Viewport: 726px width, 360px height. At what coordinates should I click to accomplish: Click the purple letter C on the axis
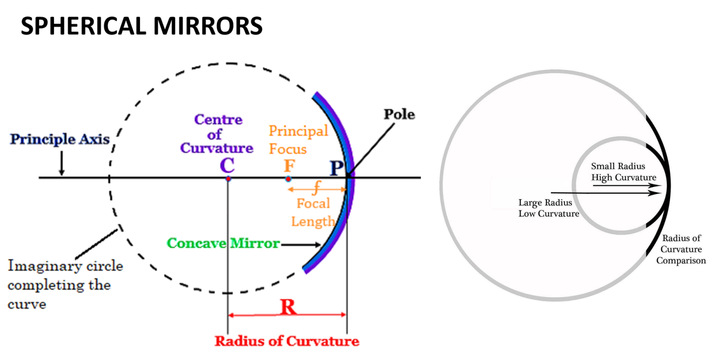(x=227, y=166)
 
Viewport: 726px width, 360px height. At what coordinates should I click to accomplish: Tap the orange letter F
(x=288, y=166)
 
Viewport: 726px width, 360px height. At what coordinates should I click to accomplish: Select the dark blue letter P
(x=336, y=168)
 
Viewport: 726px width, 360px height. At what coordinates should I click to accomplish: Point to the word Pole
(x=399, y=115)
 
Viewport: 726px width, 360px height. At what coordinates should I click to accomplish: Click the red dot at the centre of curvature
(x=228, y=179)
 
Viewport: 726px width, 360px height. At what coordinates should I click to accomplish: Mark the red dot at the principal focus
(x=288, y=179)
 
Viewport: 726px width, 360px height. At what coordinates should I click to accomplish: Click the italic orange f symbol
(x=316, y=189)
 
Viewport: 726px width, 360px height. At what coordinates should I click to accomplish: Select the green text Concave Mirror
(x=223, y=244)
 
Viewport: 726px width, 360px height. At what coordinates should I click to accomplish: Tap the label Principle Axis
(x=60, y=140)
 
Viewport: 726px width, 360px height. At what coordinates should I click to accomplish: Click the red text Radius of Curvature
(x=287, y=341)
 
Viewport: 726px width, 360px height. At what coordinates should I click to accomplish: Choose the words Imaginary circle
(x=65, y=266)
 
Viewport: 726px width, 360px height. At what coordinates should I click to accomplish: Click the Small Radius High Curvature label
(x=623, y=172)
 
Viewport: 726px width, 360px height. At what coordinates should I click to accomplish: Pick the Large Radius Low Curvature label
(x=549, y=208)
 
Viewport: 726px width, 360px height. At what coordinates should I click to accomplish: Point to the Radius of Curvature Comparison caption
(x=681, y=249)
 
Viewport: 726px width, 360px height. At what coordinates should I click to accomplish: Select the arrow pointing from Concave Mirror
(x=301, y=245)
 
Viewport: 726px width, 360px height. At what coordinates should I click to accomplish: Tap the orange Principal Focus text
(x=298, y=140)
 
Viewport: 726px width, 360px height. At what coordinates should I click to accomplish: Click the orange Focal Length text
(x=313, y=212)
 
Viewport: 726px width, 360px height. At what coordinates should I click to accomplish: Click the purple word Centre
(x=218, y=120)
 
